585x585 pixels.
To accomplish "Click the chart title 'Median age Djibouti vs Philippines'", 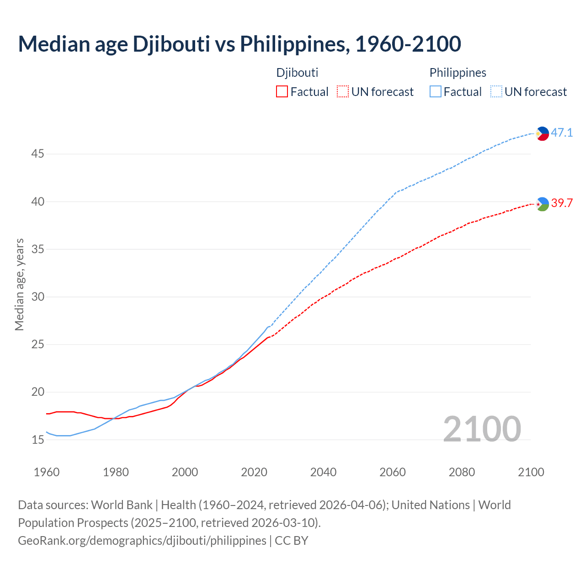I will pyautogui.click(x=239, y=44).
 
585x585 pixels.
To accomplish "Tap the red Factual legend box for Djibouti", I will pyautogui.click(x=282, y=92).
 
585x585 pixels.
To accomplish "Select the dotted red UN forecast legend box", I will pyautogui.click(x=343, y=92).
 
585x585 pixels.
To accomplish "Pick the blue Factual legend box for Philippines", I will pyautogui.click(x=436, y=92).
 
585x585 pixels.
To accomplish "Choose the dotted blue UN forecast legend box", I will pyautogui.click(x=496, y=92).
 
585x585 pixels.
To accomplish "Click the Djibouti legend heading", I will pyautogui.click(x=297, y=73).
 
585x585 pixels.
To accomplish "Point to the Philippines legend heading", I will pyautogui.click(x=457, y=73).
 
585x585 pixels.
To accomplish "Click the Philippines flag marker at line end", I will pyautogui.click(x=542, y=133).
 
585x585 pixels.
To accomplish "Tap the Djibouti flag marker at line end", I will pyautogui.click(x=542, y=204).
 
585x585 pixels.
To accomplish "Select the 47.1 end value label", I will pyautogui.click(x=562, y=133).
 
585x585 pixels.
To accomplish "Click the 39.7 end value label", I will pyautogui.click(x=562, y=203).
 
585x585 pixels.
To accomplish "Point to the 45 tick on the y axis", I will pyautogui.click(x=37, y=154).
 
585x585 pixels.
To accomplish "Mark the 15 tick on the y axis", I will pyautogui.click(x=37, y=440).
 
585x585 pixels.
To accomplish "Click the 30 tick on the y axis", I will pyautogui.click(x=37, y=297).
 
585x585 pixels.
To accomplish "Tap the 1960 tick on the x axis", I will pyautogui.click(x=47, y=472).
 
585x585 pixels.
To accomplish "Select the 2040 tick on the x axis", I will pyautogui.click(x=323, y=472).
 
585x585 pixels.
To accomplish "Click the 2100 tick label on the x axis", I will pyautogui.click(x=531, y=472).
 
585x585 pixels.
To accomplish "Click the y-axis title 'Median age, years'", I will pyautogui.click(x=19, y=284).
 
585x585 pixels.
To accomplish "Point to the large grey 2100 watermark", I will pyautogui.click(x=482, y=429).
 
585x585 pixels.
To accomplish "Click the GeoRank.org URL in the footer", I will pyautogui.click(x=142, y=541).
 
